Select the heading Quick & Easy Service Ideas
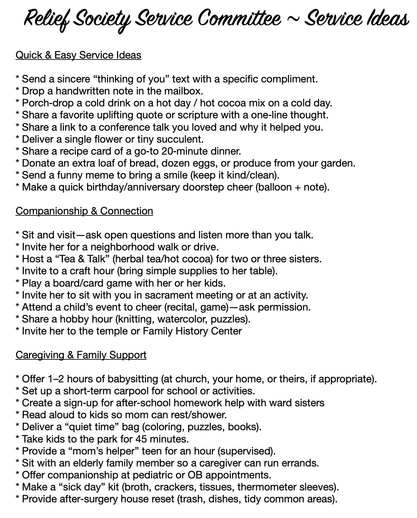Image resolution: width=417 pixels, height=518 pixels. click(78, 55)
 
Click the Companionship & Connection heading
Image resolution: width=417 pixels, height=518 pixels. click(84, 211)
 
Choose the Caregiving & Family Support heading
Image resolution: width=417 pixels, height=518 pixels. click(81, 355)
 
